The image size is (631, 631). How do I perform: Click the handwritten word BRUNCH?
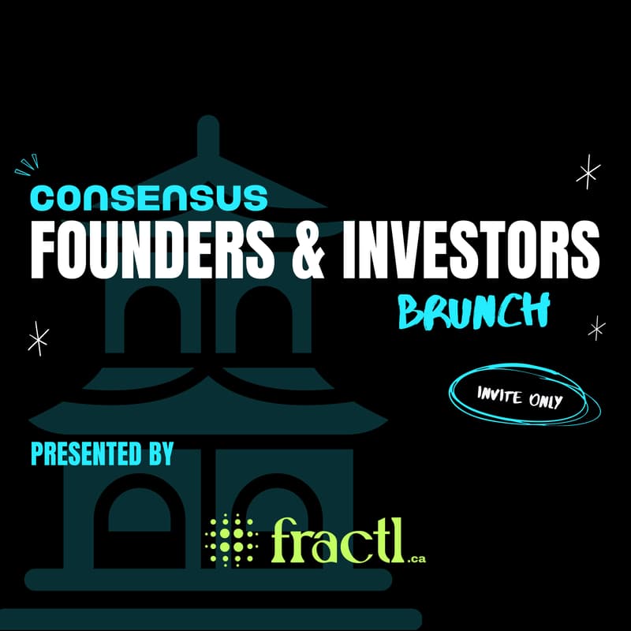click(473, 311)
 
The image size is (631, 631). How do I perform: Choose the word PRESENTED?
click(87, 454)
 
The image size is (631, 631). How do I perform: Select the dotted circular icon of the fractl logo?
click(230, 539)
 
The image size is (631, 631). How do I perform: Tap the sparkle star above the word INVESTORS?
click(588, 173)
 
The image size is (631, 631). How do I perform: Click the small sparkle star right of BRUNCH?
click(597, 327)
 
